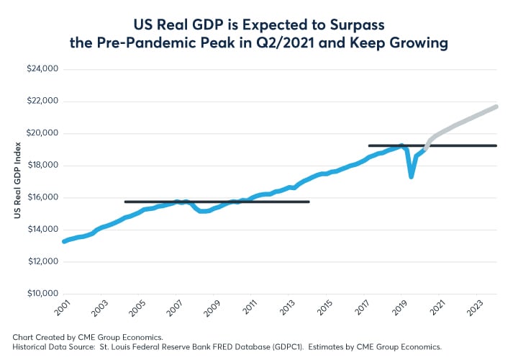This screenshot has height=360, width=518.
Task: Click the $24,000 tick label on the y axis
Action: tap(42, 70)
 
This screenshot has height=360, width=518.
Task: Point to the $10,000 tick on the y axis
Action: tap(42, 294)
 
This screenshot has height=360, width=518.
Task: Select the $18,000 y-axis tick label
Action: tap(42, 166)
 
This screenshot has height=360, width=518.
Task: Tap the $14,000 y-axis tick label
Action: tap(42, 230)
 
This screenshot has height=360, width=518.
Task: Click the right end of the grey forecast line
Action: tap(496, 107)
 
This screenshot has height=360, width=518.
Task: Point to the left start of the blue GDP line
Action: tap(64, 241)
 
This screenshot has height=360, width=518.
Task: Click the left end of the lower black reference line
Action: tap(125, 202)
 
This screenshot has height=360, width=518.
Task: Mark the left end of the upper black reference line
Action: tap(369, 145)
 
